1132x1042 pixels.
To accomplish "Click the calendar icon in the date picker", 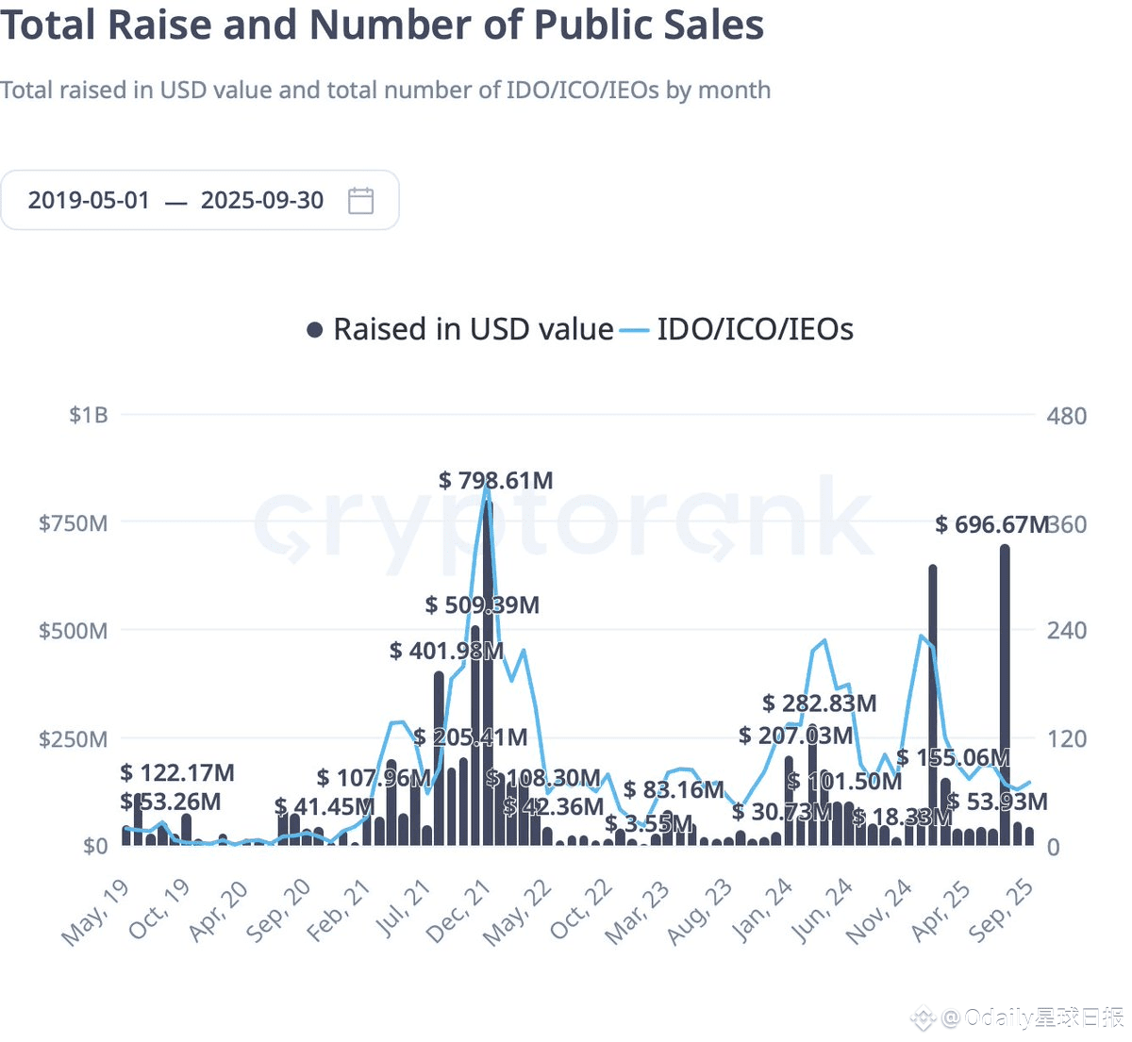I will (361, 200).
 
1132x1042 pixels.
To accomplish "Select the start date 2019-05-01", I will (89, 200).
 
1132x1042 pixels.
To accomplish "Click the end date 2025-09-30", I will (262, 200).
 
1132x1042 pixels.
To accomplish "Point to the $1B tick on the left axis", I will (89, 415).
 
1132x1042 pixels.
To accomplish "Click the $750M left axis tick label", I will (73, 523).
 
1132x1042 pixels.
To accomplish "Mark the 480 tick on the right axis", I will (1066, 416).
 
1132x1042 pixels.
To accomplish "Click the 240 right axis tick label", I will (1066, 630).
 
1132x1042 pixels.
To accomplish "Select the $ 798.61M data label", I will (496, 480).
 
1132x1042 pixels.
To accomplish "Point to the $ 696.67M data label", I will (991, 524).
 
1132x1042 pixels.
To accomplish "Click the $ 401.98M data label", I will (446, 651).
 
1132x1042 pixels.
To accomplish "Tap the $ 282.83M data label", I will (819, 703).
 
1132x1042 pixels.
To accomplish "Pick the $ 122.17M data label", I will (177, 773).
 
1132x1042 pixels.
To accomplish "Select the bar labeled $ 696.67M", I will (1005, 698).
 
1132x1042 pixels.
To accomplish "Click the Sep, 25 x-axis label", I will (1002, 910).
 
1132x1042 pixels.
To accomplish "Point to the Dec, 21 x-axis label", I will (458, 912).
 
